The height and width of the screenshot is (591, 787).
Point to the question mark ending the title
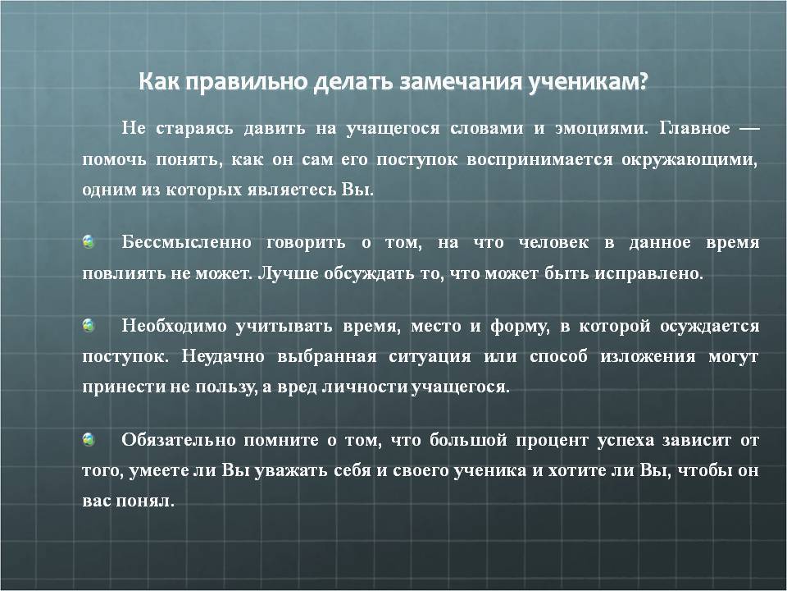(643, 81)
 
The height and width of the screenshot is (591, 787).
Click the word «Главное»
(694, 128)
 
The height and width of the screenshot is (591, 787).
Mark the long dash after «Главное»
(749, 129)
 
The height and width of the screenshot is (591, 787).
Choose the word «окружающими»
(689, 160)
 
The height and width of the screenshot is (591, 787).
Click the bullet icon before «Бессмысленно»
(89, 241)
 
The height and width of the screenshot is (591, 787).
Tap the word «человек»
(553, 243)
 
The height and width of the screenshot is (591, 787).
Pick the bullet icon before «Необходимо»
(89, 326)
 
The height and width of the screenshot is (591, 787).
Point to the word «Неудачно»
(223, 356)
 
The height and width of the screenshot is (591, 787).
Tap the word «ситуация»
(430, 357)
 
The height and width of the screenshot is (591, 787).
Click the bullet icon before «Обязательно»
(89, 440)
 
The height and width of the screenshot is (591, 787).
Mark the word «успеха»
(626, 441)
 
